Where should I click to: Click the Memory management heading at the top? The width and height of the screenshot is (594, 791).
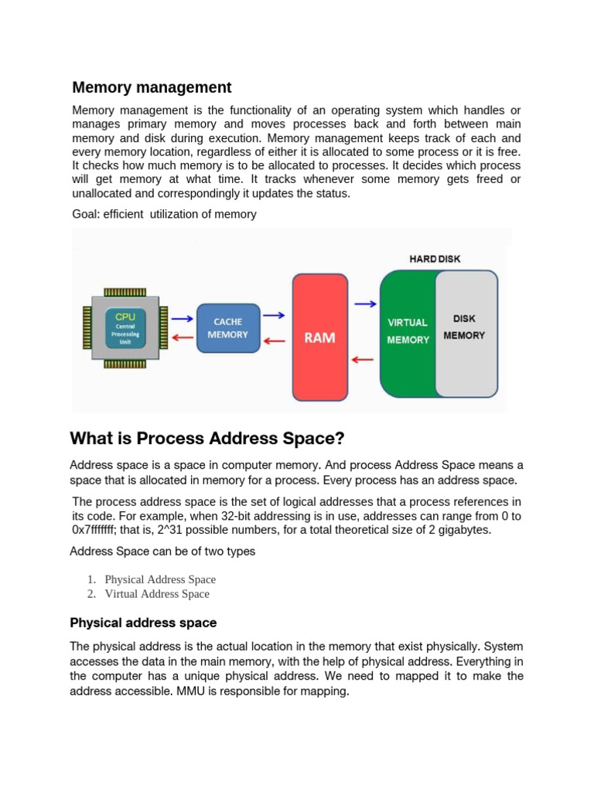tap(152, 87)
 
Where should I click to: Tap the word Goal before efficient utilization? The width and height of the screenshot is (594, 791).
tap(85, 214)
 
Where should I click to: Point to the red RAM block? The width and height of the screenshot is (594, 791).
tap(319, 338)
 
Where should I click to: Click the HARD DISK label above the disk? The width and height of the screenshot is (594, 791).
tap(434, 259)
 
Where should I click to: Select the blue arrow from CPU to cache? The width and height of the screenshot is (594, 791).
tap(182, 318)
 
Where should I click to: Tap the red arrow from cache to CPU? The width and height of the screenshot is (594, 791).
tap(182, 337)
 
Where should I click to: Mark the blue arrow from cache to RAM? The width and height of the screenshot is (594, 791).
tap(274, 315)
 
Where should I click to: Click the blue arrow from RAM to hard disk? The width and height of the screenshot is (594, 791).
tap(365, 304)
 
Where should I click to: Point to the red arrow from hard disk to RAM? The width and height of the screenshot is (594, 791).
tap(364, 359)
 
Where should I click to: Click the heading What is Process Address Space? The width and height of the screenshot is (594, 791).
tap(207, 440)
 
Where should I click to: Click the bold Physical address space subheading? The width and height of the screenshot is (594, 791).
tap(143, 623)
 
